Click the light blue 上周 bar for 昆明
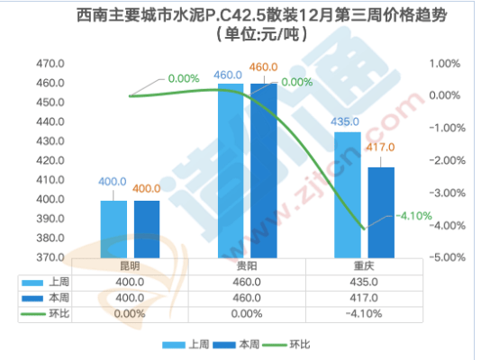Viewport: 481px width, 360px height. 113,229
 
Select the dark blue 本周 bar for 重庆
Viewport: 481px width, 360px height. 380,212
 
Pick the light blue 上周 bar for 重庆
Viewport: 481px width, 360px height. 347,194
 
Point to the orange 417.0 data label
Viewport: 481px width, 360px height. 380,148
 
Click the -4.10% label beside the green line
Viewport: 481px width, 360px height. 414,215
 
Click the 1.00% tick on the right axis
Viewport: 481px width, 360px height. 445,64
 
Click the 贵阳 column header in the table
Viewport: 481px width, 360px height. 247,266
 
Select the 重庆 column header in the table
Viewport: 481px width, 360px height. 365,266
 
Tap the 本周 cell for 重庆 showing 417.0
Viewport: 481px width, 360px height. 365,298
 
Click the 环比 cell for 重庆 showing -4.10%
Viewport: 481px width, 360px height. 365,313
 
